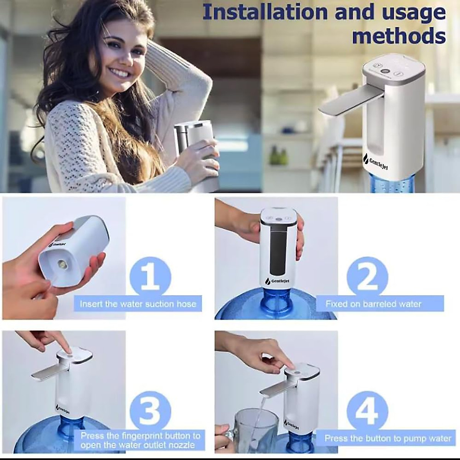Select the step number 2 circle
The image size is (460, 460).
pos(367,278)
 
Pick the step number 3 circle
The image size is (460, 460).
pos(150,410)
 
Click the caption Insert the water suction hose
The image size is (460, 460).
pos(138,304)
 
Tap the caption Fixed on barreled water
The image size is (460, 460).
pos(373,304)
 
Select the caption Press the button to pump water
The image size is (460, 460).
pos(388,438)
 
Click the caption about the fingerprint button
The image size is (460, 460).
pos(140,440)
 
